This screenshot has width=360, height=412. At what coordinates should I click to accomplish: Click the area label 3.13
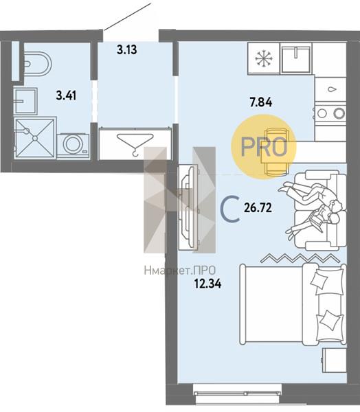point(127,49)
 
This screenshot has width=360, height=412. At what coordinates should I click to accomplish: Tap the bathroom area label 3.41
point(66,95)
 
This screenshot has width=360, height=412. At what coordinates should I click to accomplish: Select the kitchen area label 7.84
point(261,102)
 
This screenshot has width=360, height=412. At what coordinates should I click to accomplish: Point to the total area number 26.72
point(258,208)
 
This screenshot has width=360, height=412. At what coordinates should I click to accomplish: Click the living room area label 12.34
point(207,284)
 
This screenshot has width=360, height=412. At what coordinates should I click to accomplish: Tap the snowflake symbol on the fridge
point(264,58)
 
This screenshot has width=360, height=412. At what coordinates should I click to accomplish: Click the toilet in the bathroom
point(38,64)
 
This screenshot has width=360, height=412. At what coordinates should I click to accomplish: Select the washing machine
point(73,145)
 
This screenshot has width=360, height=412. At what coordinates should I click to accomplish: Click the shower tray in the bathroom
point(34,138)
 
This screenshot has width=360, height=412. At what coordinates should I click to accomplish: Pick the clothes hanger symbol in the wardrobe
point(135,144)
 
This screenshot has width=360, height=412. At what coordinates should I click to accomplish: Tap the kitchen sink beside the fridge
point(296,58)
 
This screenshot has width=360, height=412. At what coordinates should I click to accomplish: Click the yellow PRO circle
point(264,147)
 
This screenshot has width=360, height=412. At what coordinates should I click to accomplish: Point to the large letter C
point(230,209)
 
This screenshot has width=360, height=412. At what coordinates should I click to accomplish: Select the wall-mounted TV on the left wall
point(188,207)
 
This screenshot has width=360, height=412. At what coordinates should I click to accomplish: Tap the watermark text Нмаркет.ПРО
point(180,270)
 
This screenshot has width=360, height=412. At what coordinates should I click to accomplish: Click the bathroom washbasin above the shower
point(25,101)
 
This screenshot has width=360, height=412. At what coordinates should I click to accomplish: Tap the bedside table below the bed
point(334,360)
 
